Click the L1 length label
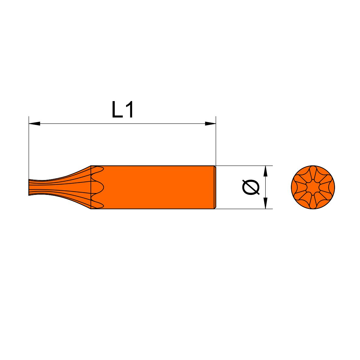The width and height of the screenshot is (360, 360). pos(122,110)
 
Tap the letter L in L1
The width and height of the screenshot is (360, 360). pos(117,110)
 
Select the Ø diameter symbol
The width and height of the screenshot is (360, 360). pos(251,187)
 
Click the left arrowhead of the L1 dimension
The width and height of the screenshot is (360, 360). pos(34,124)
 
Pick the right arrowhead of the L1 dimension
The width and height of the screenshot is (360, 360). pos(210,124)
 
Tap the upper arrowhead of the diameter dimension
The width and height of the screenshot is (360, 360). pos(265,171)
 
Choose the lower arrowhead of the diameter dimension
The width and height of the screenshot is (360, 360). pos(265,203)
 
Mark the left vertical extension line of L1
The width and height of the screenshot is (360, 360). pos(29,148)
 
